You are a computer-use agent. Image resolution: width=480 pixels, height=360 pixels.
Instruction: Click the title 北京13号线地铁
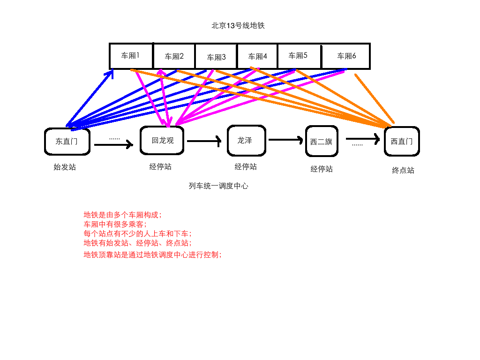click(238, 26)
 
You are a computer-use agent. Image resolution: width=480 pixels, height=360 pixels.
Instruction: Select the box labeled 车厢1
click(131, 56)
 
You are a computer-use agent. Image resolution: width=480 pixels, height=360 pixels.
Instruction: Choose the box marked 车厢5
click(299, 56)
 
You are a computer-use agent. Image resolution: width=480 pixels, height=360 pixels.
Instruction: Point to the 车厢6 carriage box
click(346, 56)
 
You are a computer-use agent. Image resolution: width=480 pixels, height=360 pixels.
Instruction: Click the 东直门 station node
click(67, 141)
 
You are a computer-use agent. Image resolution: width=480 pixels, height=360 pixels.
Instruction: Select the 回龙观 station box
click(162, 140)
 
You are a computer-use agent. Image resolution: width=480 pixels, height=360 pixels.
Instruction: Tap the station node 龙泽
click(247, 141)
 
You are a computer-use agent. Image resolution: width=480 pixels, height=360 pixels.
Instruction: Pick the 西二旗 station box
click(322, 141)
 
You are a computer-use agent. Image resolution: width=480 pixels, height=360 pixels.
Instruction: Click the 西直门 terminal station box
click(402, 141)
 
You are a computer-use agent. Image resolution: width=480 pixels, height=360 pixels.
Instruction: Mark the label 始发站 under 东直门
click(64, 167)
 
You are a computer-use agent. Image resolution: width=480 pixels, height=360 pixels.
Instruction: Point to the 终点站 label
click(403, 170)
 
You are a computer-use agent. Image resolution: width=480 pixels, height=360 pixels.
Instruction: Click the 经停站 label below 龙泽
click(246, 166)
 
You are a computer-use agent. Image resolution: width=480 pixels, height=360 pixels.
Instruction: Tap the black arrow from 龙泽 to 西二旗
click(286, 139)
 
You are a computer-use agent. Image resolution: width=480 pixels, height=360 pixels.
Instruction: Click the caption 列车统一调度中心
click(218, 186)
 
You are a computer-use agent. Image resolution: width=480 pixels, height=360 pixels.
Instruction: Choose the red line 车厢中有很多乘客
click(115, 224)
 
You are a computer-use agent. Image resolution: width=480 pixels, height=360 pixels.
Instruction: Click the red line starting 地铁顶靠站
click(152, 255)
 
